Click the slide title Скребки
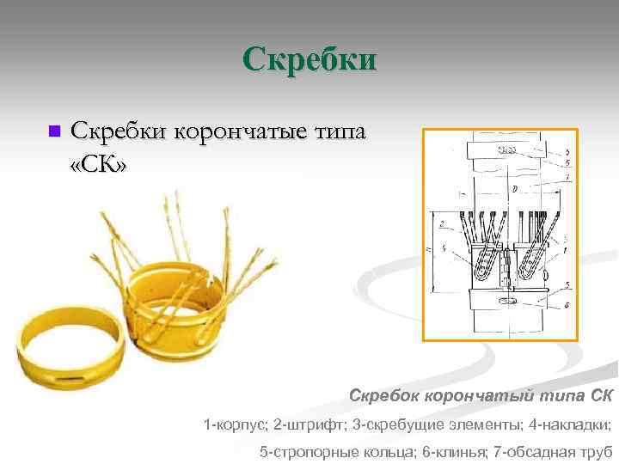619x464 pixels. tap(309, 60)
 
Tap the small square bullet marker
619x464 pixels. tap(54, 131)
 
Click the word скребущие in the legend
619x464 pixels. tap(405, 424)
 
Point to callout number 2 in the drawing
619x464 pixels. tap(441, 225)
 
